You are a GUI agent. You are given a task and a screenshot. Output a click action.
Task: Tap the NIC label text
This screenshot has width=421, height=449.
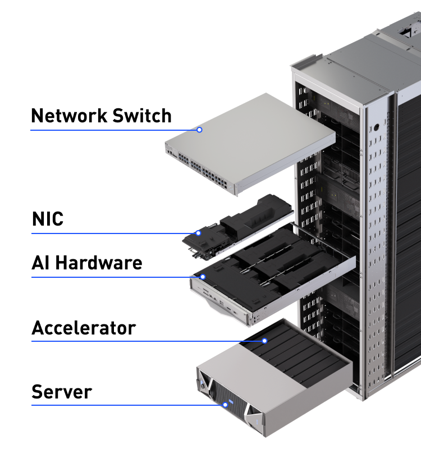click(x=47, y=219)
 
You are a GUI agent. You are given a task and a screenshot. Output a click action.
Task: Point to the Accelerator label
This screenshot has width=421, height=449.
click(x=84, y=328)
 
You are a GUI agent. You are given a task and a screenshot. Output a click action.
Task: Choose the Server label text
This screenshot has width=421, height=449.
click(x=61, y=392)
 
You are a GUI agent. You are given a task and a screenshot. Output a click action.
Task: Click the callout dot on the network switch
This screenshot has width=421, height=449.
click(x=199, y=130)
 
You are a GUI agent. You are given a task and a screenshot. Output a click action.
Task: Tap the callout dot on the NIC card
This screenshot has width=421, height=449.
click(x=198, y=233)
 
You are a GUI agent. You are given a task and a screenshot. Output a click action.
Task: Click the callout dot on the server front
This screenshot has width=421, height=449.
click(x=225, y=405)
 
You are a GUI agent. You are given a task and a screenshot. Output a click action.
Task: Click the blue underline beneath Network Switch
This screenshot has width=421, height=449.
click(x=112, y=130)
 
